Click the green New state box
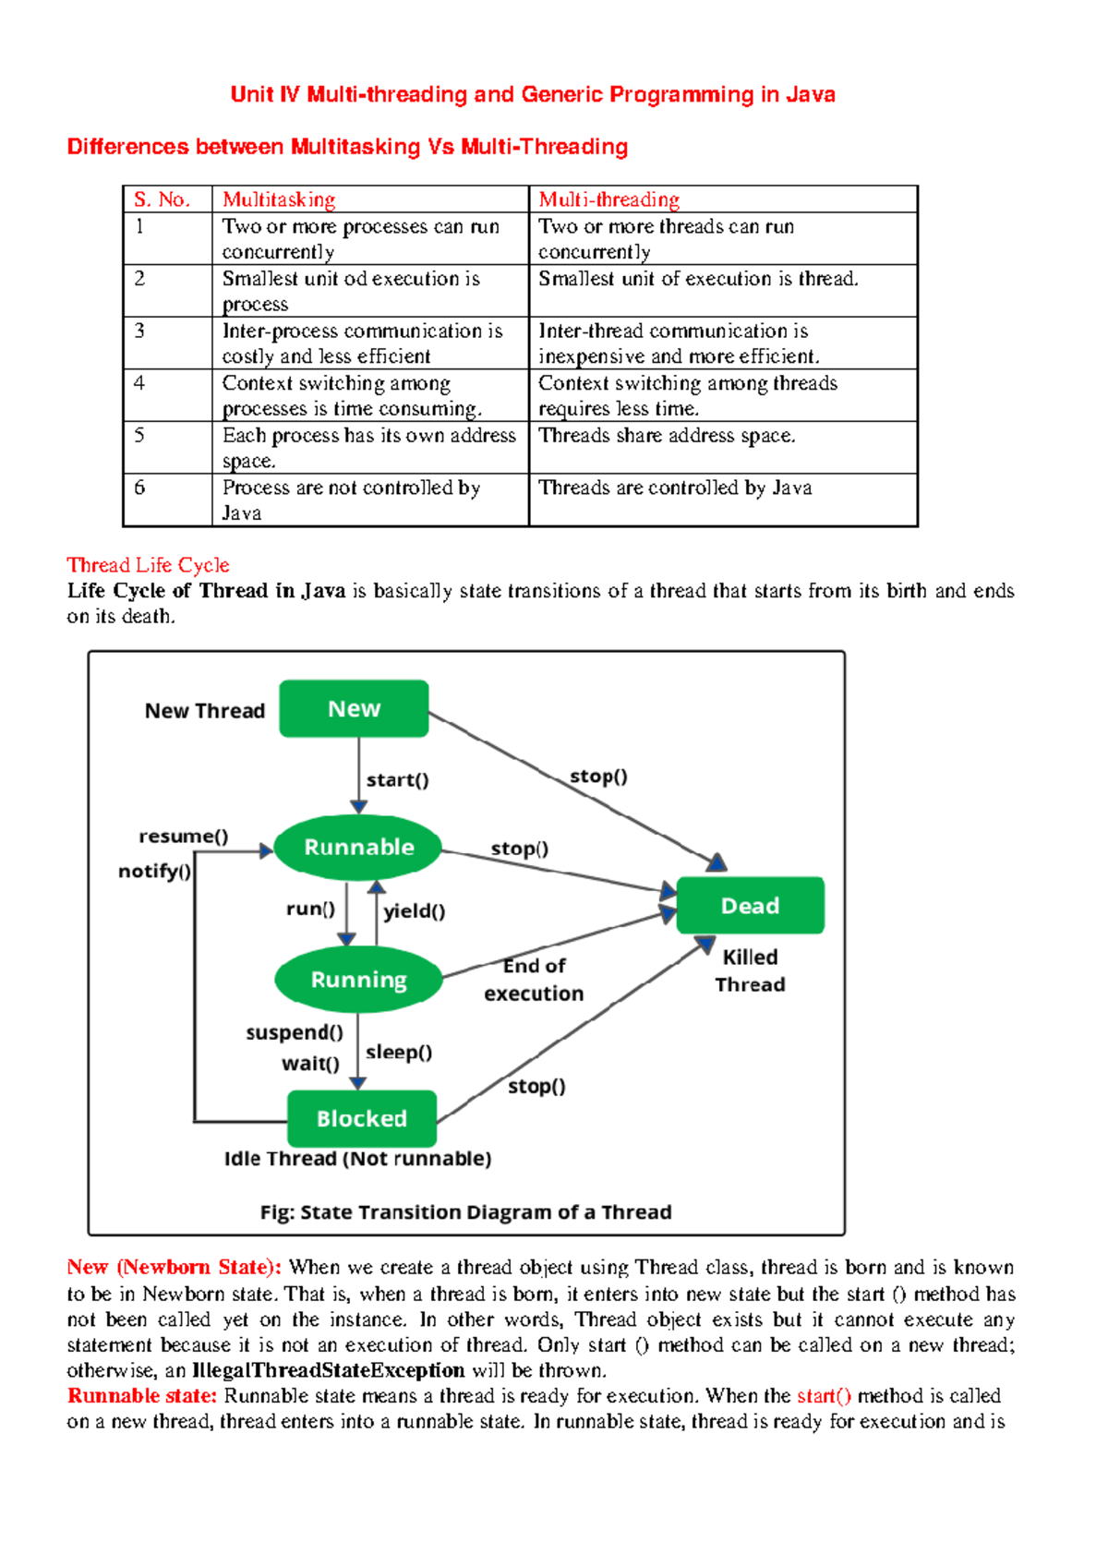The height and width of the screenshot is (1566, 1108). (354, 709)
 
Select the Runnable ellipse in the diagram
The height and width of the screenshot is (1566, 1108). (359, 848)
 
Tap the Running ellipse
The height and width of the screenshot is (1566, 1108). (358, 980)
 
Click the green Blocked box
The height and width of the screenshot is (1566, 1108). (361, 1118)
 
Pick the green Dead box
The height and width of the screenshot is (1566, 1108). (750, 906)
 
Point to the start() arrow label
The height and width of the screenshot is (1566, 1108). (397, 780)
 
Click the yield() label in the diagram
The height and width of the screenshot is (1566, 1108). (415, 911)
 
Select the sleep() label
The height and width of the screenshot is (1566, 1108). (399, 1053)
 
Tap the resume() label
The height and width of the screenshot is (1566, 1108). (183, 837)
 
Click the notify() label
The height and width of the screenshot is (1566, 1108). (154, 871)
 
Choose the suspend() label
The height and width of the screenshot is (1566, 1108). (295, 1032)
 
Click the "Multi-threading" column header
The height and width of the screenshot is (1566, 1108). (609, 199)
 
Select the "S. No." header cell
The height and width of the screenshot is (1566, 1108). (162, 199)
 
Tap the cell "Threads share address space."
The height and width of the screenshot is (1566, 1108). (667, 436)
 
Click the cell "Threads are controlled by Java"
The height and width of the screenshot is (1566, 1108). (675, 488)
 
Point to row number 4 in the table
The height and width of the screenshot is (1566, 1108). (139, 383)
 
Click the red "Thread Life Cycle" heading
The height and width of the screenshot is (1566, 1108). (148, 565)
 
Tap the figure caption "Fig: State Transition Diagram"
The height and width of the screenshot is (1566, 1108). (465, 1212)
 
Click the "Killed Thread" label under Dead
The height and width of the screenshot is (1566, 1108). (750, 970)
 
